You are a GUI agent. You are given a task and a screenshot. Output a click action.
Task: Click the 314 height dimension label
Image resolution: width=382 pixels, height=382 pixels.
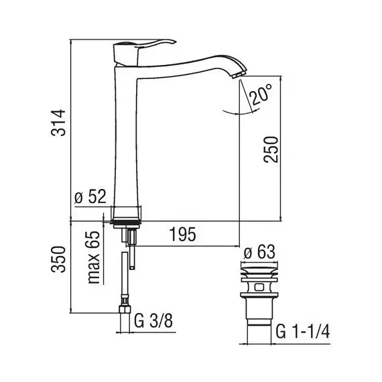click(x=58, y=123)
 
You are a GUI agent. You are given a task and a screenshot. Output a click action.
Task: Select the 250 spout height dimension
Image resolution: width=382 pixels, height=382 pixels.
click(x=271, y=149)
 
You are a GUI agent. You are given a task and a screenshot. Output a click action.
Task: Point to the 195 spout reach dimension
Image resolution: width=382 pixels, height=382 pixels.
click(x=183, y=235)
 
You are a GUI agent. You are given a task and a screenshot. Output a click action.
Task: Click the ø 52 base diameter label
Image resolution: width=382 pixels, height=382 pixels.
click(x=90, y=196)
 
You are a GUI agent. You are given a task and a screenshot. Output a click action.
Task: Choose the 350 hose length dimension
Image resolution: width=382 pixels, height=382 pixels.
click(x=58, y=259)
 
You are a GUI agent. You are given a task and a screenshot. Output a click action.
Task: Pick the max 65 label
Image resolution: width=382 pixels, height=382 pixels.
click(x=94, y=257)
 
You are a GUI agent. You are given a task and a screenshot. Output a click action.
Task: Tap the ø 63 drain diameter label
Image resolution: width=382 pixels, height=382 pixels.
click(x=259, y=252)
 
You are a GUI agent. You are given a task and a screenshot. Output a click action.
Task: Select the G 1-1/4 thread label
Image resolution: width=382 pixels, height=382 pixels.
click(x=303, y=332)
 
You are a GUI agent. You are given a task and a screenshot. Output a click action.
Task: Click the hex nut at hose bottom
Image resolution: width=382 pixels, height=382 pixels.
click(x=125, y=310)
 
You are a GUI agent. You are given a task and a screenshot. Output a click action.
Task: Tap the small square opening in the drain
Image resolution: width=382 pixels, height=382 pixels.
click(x=259, y=288)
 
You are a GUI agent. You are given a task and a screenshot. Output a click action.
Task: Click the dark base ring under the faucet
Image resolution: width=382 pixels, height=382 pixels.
click(x=125, y=222)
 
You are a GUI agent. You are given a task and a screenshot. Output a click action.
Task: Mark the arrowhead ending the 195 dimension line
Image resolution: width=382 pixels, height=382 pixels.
click(x=237, y=247)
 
